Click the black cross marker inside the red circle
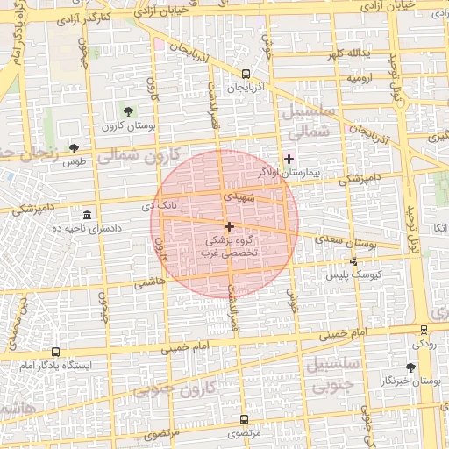(x=230, y=226)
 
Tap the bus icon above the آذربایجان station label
(x=245, y=75)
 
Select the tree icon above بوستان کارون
(x=129, y=111)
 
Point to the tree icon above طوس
(x=73, y=147)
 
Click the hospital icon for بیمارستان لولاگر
(x=289, y=159)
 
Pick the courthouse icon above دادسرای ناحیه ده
(x=87, y=215)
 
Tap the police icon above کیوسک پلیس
(x=354, y=261)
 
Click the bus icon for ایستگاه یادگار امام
(x=56, y=352)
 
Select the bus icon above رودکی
(x=424, y=331)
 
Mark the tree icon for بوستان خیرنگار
(x=411, y=367)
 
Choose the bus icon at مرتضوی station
(x=244, y=419)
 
